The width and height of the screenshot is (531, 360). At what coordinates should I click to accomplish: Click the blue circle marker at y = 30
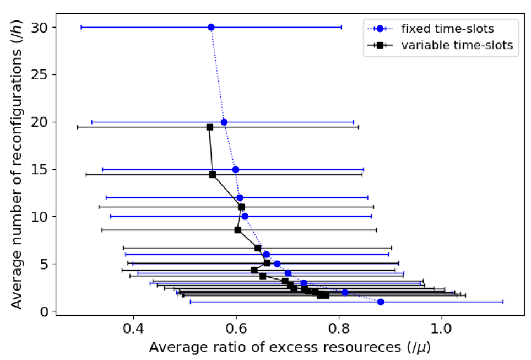pyautogui.click(x=211, y=27)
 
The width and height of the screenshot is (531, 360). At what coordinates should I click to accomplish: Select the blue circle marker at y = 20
pyautogui.click(x=224, y=122)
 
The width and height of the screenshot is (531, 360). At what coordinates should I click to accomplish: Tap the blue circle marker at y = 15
pyautogui.click(x=236, y=169)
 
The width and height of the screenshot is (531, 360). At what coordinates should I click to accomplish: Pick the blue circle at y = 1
pyautogui.click(x=381, y=302)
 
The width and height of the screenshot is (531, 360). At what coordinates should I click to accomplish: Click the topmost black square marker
pyautogui.click(x=209, y=127)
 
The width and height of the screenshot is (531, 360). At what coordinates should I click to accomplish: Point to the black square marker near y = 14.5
pyautogui.click(x=213, y=174)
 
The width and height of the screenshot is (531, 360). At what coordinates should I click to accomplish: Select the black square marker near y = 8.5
pyautogui.click(x=238, y=229)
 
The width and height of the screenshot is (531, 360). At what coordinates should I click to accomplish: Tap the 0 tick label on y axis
pyautogui.click(x=45, y=311)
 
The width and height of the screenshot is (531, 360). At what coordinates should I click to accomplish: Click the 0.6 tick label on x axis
pyautogui.click(x=236, y=328)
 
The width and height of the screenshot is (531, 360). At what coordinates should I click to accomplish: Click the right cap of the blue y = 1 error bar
pyautogui.click(x=503, y=302)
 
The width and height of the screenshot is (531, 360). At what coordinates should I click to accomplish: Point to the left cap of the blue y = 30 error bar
pyautogui.click(x=81, y=27)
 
